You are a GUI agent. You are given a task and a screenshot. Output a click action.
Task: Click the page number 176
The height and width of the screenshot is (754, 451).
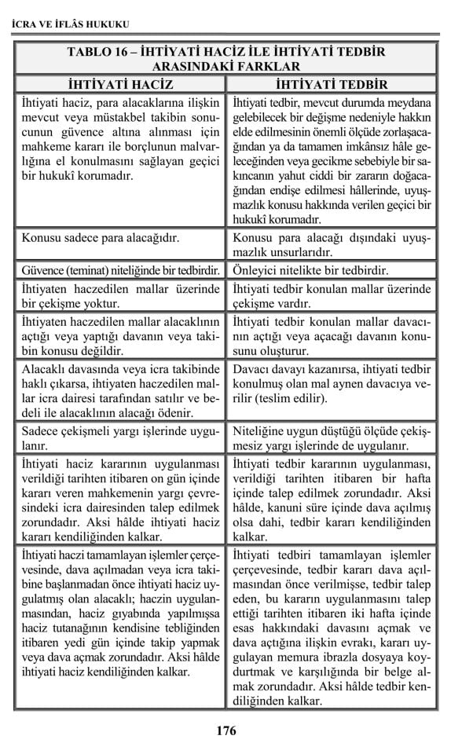click(225, 730)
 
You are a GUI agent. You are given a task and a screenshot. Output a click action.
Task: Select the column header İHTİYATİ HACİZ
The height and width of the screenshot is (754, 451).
click(120, 84)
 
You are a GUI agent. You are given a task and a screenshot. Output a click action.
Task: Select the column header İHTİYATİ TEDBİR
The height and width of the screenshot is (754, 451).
click(332, 84)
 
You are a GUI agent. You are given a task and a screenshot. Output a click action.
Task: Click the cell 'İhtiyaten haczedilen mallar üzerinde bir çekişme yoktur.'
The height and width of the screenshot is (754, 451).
click(119, 296)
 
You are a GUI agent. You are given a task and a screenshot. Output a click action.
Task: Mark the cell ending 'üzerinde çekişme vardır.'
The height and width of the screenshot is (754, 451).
click(332, 296)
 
